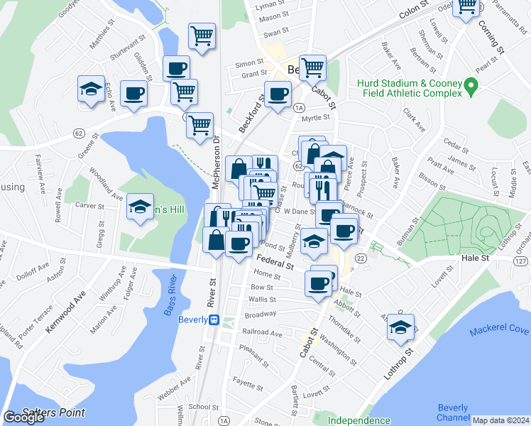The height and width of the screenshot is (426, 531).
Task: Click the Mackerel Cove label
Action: (498, 330)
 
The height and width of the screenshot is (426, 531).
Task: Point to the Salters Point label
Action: (53, 413)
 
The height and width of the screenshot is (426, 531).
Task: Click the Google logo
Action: (24, 417)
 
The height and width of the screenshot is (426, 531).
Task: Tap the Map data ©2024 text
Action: (500, 420)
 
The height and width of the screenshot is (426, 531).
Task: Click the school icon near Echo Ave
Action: (90, 89)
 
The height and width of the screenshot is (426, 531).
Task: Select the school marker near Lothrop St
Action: (401, 327)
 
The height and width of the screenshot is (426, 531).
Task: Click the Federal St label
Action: (276, 262)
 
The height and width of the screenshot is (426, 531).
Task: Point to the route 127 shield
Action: (522, 262)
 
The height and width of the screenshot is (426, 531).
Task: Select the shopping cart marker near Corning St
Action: (467, 7)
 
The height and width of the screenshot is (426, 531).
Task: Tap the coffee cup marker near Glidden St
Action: (176, 69)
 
